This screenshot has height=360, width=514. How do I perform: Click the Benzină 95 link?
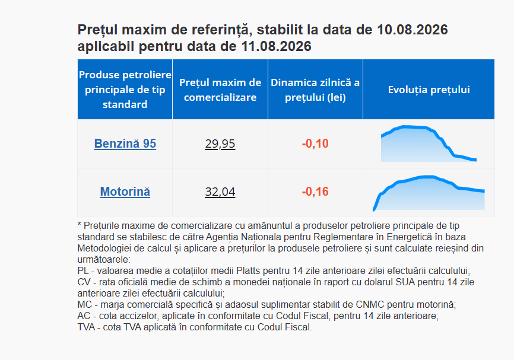(125, 144)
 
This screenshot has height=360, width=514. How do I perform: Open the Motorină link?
(125, 192)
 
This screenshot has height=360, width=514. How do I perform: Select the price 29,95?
(220, 144)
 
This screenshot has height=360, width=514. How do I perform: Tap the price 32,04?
(220, 192)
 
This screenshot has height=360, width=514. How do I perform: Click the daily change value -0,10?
(315, 144)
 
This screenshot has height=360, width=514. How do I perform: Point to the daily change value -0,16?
(315, 192)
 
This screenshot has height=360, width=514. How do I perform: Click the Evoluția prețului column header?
(429, 90)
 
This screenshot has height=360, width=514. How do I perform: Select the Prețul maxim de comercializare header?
(220, 90)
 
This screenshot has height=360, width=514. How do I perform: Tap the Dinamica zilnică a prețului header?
(315, 90)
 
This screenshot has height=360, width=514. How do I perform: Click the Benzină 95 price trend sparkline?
(429, 144)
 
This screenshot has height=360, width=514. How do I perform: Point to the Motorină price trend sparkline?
(429, 193)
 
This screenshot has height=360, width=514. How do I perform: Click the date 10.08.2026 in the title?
(413, 30)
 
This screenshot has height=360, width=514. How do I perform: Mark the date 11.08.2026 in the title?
(276, 46)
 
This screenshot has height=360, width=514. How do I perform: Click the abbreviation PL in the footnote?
(83, 271)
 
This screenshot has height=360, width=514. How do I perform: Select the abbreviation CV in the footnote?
(84, 282)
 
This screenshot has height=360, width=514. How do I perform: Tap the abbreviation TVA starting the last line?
(86, 327)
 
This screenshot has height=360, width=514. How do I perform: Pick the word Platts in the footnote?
(248, 271)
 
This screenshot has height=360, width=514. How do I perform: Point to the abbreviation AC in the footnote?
(84, 316)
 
